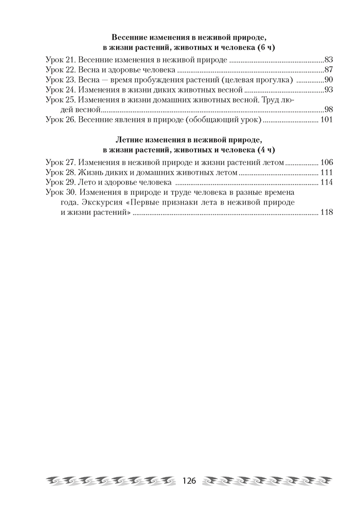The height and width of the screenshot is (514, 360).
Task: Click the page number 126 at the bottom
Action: [x=190, y=481]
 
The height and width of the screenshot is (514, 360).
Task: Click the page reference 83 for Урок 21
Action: [x=330, y=60]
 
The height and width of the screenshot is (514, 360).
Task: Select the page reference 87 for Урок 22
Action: [x=330, y=70]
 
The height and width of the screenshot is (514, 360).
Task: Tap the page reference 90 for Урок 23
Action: [x=330, y=80]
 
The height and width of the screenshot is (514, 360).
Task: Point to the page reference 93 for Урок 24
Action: [x=330, y=90]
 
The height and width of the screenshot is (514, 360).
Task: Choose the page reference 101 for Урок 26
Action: [x=327, y=120]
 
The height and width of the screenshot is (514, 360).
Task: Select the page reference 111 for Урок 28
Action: [x=327, y=172]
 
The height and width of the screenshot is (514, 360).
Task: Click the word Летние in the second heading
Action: [x=129, y=140]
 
